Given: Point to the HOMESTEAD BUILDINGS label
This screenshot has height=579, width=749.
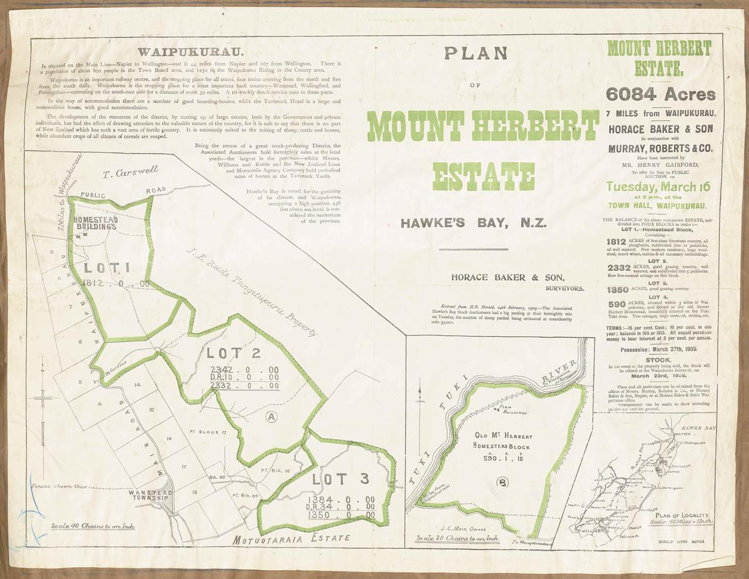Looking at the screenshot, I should click(x=94, y=223).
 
